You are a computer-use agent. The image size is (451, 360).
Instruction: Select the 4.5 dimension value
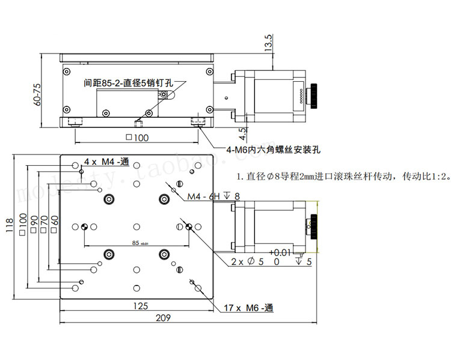(x=242, y=132)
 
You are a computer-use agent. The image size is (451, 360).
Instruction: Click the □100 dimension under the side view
(x=137, y=138)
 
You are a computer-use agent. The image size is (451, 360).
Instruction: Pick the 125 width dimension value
(x=139, y=306)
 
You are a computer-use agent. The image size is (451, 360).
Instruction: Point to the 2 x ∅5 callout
(x=247, y=261)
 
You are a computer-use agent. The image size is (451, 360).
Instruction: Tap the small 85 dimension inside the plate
(x=135, y=243)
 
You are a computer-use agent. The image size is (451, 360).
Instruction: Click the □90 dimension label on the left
(x=34, y=223)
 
